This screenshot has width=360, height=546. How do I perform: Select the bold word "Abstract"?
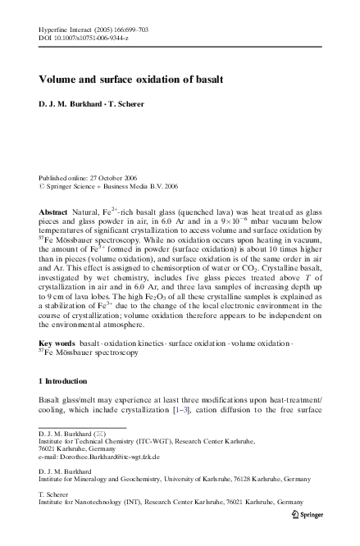(54, 212)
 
